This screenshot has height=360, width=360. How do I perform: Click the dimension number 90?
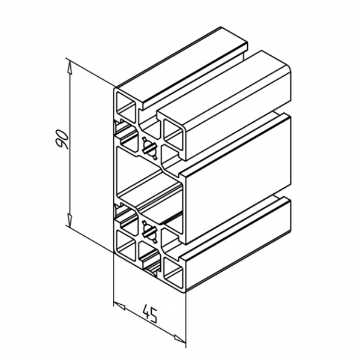(62, 139)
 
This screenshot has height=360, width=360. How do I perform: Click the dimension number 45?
(150, 314)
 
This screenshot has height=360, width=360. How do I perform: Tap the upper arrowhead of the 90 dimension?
(70, 68)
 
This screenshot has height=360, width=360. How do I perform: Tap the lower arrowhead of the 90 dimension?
(70, 218)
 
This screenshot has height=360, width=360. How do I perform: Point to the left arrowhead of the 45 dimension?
(119, 306)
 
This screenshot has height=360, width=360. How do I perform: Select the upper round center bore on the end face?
(149, 148)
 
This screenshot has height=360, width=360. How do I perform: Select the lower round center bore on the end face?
(149, 232)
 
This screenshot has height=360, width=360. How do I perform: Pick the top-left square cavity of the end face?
(126, 106)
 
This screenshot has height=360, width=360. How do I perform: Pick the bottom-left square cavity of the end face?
(126, 242)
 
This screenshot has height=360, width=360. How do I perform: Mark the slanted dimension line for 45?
(149, 323)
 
